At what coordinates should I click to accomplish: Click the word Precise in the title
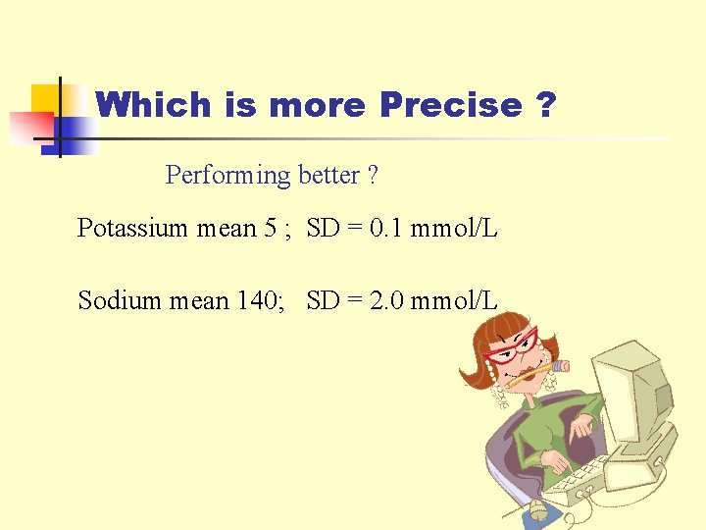point(451,105)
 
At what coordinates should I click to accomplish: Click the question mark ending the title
point(546,105)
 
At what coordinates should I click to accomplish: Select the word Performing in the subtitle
point(228,176)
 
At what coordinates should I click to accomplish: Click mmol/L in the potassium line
point(454,229)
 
